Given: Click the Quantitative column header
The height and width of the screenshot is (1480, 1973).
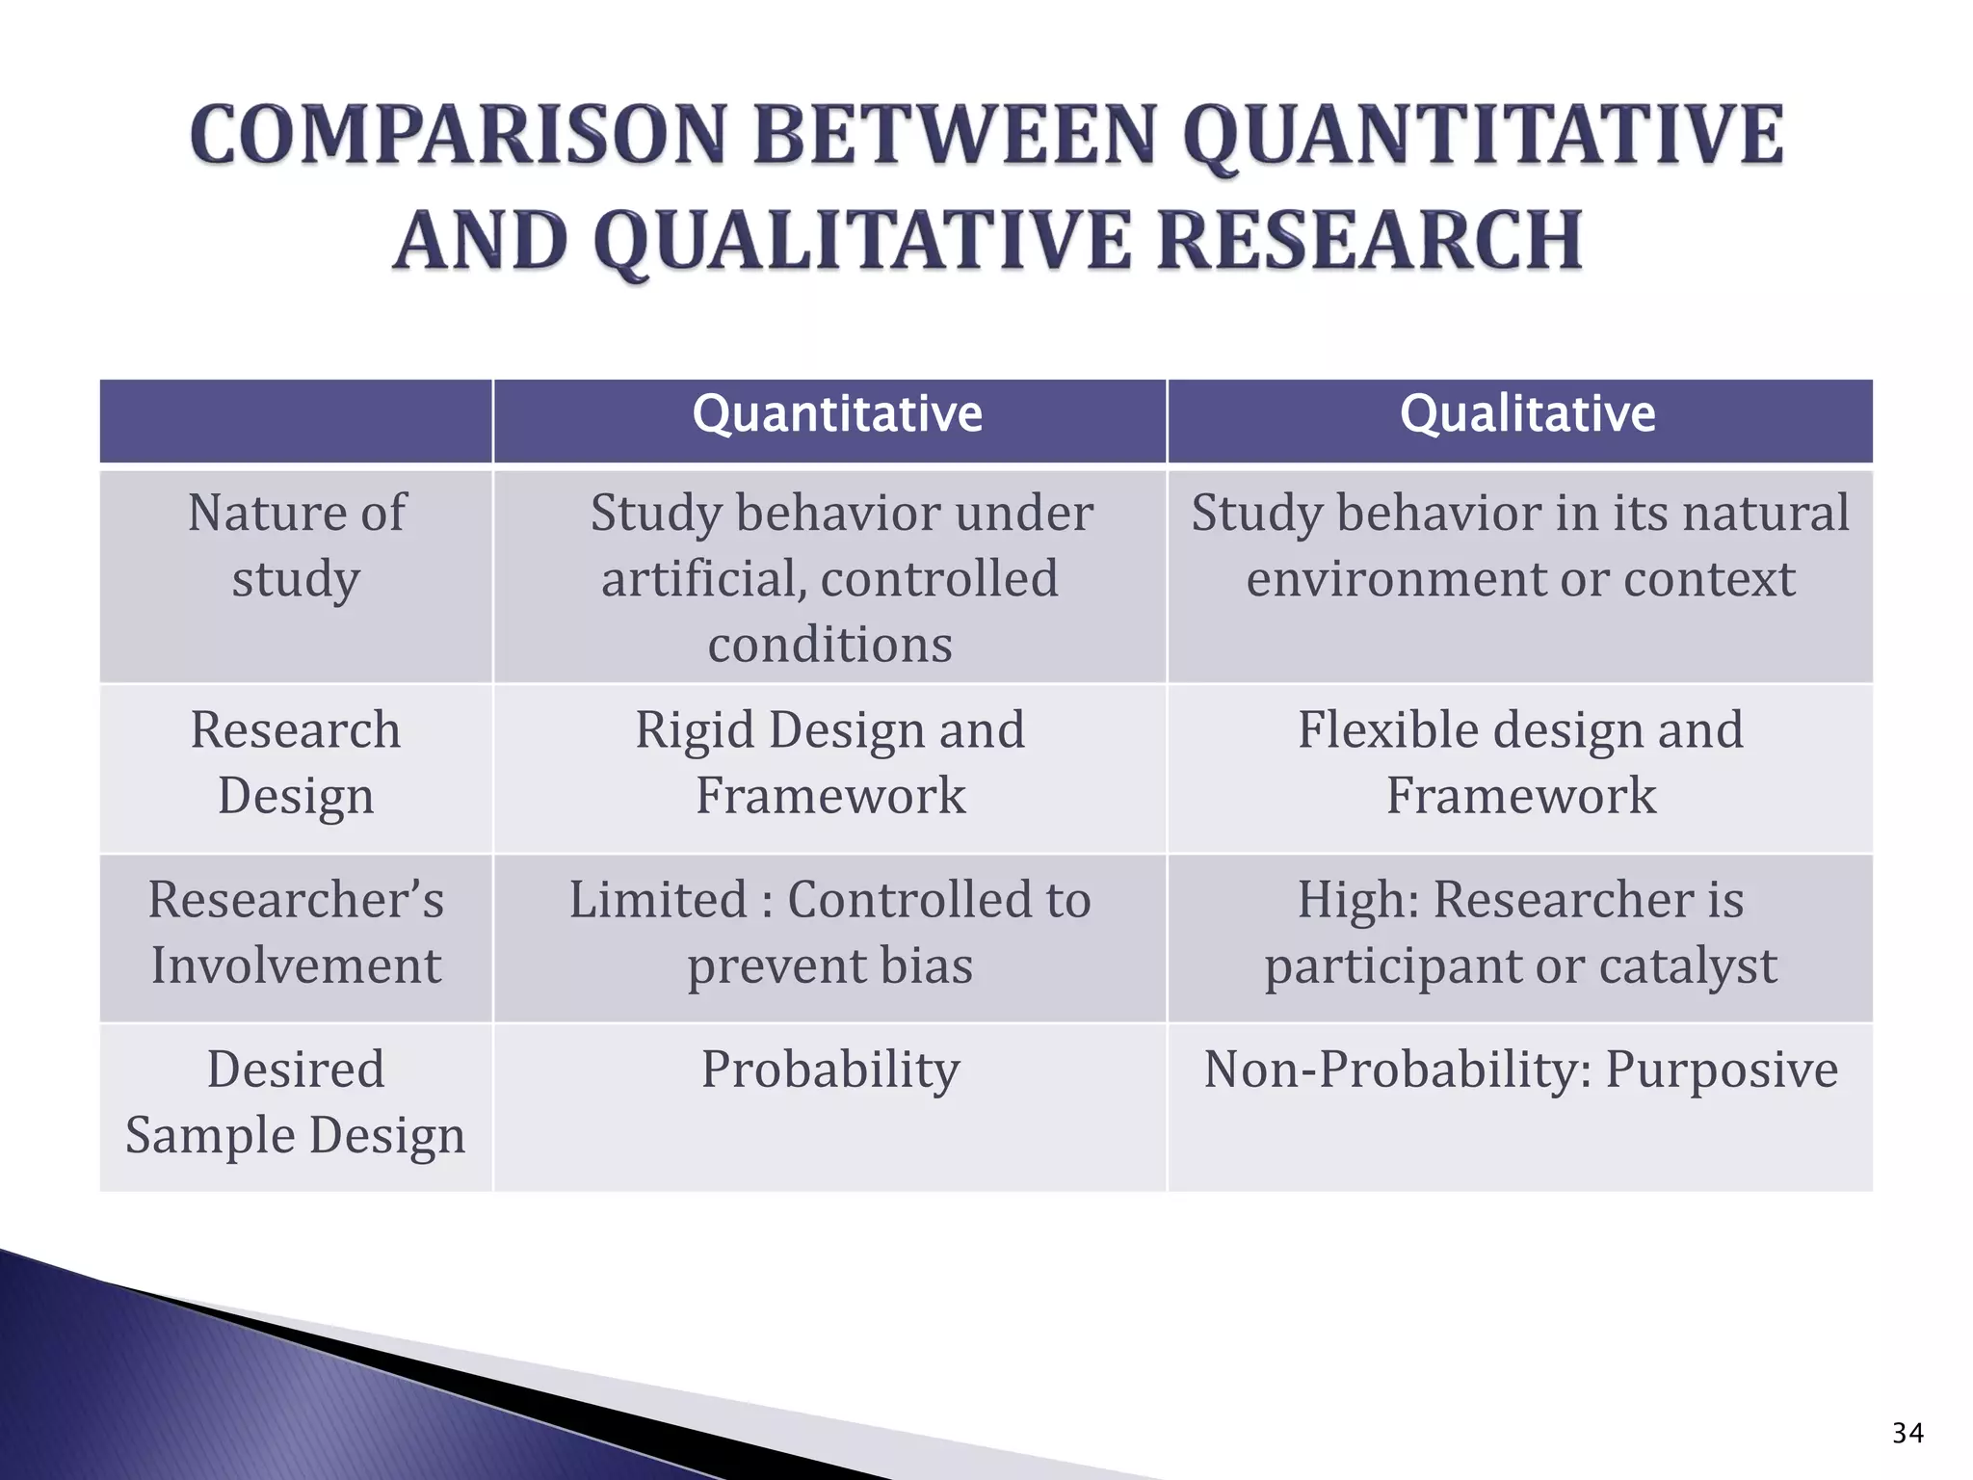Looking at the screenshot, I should pos(836,415).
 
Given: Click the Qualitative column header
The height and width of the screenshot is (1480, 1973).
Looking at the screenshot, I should pos(1527,415).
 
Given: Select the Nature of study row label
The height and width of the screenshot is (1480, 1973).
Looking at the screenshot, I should pos(296,545).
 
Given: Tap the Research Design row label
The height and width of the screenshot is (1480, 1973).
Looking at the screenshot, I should pos(296,762).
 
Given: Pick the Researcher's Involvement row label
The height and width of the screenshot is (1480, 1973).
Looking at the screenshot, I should pos(296,932).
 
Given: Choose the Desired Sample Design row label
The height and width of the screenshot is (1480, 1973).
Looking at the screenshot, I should pos(296,1101).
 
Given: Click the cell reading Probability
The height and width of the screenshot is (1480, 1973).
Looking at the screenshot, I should pos(829,1069).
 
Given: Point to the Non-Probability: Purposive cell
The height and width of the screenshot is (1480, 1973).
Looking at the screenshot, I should pos(1520,1069).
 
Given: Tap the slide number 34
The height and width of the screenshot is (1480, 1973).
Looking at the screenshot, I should pos(1907,1434).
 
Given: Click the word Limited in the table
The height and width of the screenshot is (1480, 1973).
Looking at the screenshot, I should pos(658,899).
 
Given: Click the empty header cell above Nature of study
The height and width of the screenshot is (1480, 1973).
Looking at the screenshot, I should pos(296,421).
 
